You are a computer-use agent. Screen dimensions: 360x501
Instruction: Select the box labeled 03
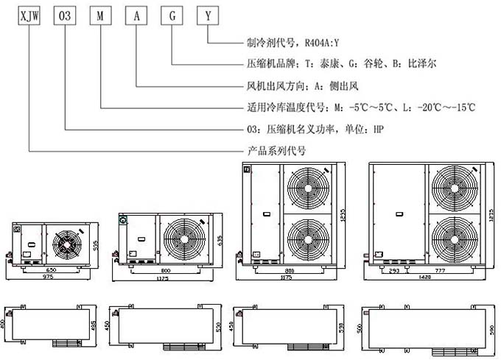point(65,15)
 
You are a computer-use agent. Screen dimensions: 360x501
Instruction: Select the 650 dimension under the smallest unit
point(48,270)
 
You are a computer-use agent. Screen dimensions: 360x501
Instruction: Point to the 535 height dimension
point(96,244)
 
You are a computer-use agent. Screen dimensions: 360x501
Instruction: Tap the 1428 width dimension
point(425,278)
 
